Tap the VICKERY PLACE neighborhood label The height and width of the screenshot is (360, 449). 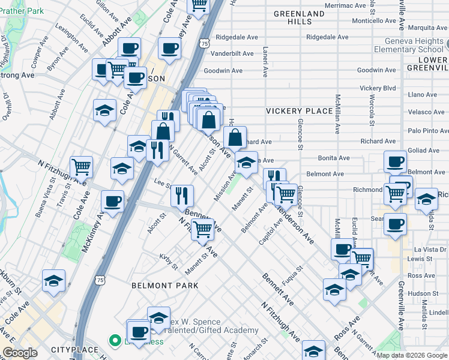coord(299,111)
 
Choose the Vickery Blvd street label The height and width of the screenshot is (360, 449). coord(378,88)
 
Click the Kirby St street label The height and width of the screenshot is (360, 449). coord(169,262)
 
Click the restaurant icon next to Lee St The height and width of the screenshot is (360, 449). coord(182,196)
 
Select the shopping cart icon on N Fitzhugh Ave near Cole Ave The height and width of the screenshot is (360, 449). coord(81,167)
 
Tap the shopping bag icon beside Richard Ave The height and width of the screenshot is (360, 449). coord(236,137)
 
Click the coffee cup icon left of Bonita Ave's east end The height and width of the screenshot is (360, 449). coord(395,161)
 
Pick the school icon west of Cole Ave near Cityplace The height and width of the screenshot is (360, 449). coord(53,281)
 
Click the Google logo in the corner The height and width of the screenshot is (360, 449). coord(20,353)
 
